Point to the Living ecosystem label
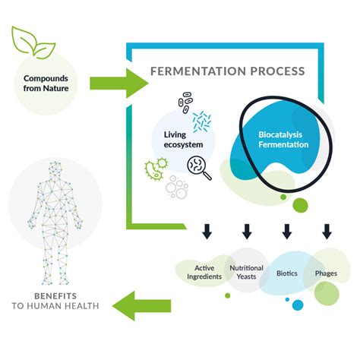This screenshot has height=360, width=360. [181, 140]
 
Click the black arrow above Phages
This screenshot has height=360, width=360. [327, 230]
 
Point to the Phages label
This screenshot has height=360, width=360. [326, 272]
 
